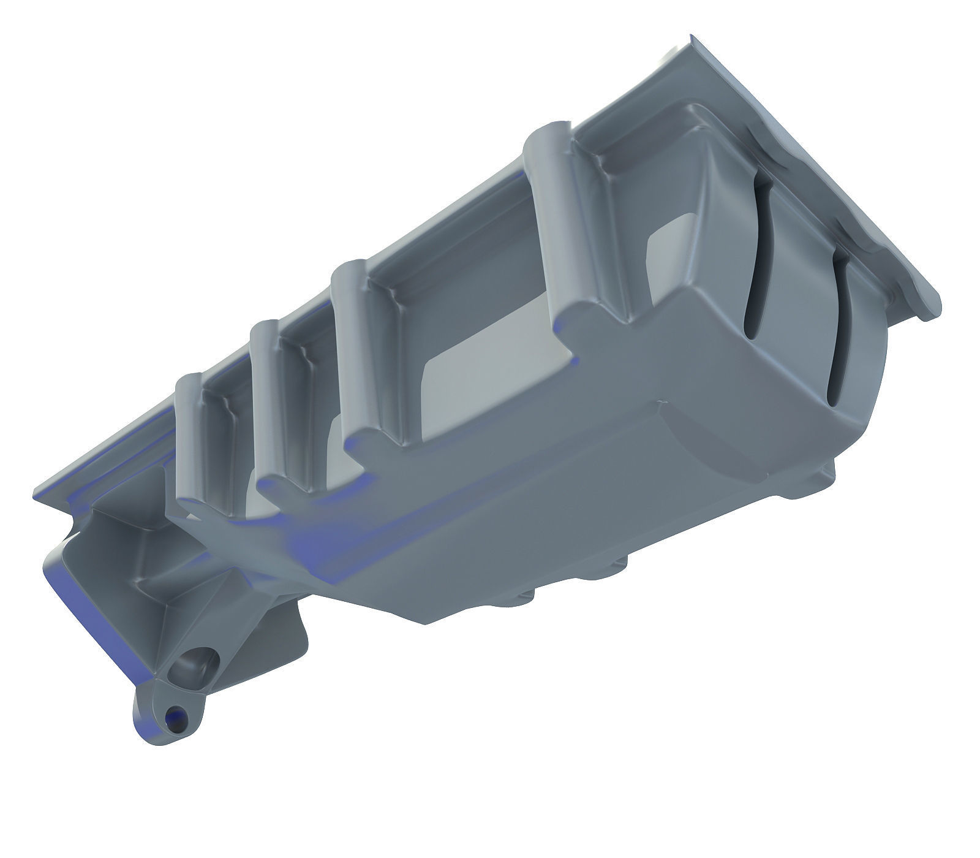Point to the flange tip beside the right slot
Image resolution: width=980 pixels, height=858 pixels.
[928, 313]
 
